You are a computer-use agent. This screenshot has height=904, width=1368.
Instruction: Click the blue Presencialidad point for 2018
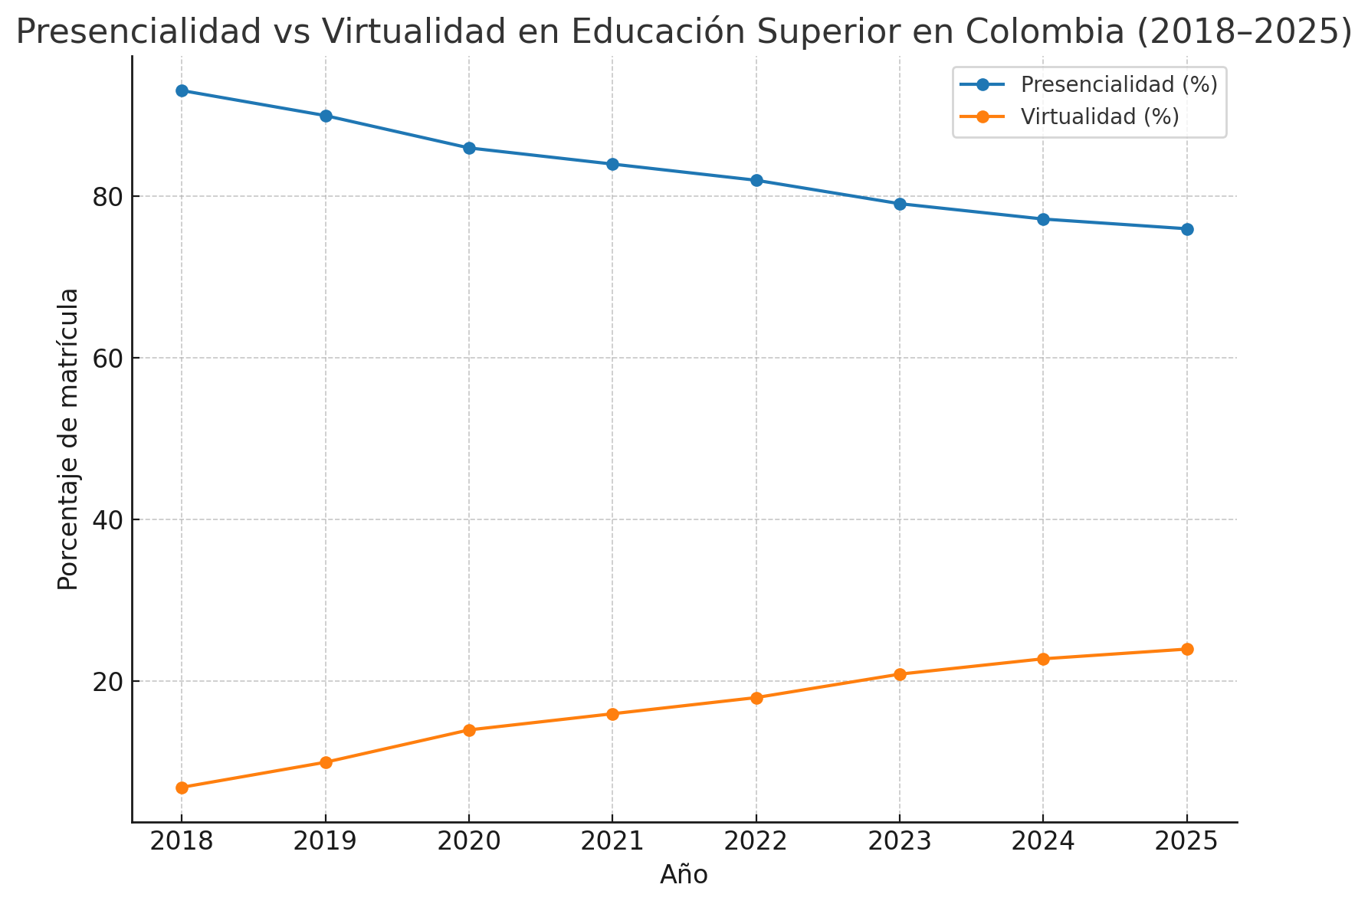pos(182,91)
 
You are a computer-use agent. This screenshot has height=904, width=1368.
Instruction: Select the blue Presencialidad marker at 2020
pos(469,148)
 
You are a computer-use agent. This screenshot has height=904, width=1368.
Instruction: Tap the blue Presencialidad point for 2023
pos(900,204)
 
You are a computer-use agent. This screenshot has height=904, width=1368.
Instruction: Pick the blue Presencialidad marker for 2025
pos(1187,229)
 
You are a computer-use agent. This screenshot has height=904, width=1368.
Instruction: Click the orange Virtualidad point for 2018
pos(182,788)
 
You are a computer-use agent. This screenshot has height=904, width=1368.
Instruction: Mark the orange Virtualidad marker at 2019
pos(326,762)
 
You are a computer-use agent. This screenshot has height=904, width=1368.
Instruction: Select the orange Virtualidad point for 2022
pos(756,698)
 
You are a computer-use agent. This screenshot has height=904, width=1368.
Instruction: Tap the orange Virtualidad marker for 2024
pos(1043,659)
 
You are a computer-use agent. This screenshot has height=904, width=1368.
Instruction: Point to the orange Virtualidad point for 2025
pos(1187,650)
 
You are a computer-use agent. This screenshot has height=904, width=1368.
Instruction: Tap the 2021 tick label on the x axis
pos(612,842)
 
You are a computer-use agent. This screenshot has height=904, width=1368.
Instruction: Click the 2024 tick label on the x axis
pos(1043,842)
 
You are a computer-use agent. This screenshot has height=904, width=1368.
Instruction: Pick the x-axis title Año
pos(684,875)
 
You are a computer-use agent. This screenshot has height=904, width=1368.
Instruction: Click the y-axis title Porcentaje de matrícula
pos(69,439)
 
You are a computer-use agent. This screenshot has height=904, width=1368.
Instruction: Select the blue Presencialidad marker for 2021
pos(612,164)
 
